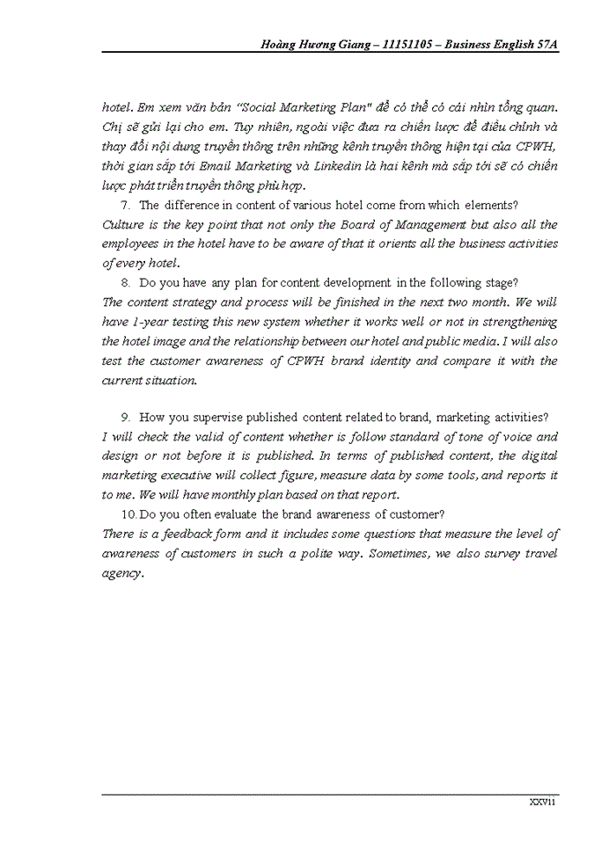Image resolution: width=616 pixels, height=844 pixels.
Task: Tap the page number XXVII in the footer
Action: point(541,802)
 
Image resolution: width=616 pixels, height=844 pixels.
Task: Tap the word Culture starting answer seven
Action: point(125,224)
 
